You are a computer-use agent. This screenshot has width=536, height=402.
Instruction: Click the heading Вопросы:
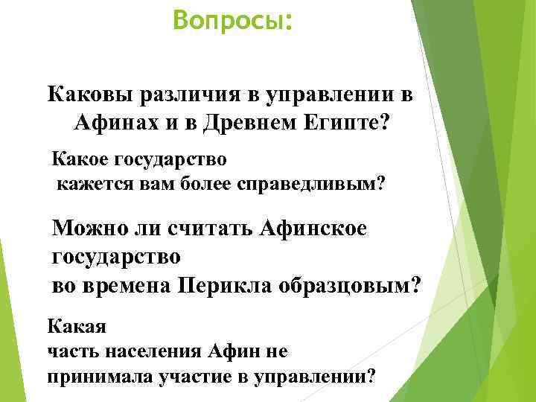pyautogui.click(x=232, y=21)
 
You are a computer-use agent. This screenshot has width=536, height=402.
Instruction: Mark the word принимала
pyautogui.click(x=99, y=375)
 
